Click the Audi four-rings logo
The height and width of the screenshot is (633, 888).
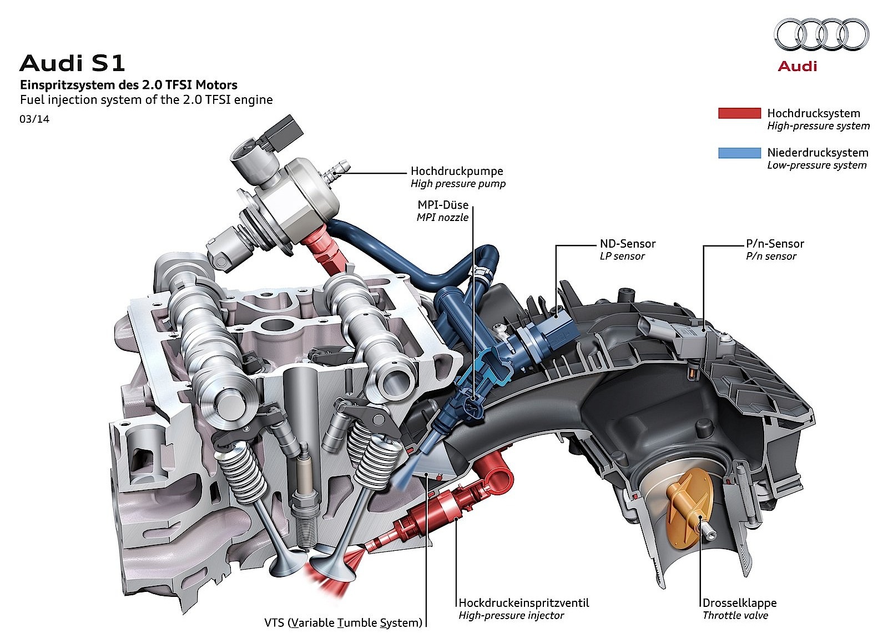(x=821, y=34)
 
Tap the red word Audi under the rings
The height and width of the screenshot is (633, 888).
(x=797, y=67)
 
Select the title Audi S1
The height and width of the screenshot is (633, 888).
(x=73, y=63)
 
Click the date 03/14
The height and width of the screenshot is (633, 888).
(x=34, y=119)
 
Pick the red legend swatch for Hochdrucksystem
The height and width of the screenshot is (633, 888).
(x=739, y=113)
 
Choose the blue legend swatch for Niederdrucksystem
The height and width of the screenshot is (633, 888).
(x=739, y=153)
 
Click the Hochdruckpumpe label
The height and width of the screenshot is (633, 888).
(x=457, y=172)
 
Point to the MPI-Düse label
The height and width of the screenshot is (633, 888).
(x=443, y=205)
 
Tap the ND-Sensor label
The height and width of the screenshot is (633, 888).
(x=627, y=244)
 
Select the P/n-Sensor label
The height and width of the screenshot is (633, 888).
(x=774, y=244)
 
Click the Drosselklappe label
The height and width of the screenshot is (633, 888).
(x=739, y=603)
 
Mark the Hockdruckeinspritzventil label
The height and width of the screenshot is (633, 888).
(x=523, y=603)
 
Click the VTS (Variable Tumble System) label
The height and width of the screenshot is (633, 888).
(x=343, y=622)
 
